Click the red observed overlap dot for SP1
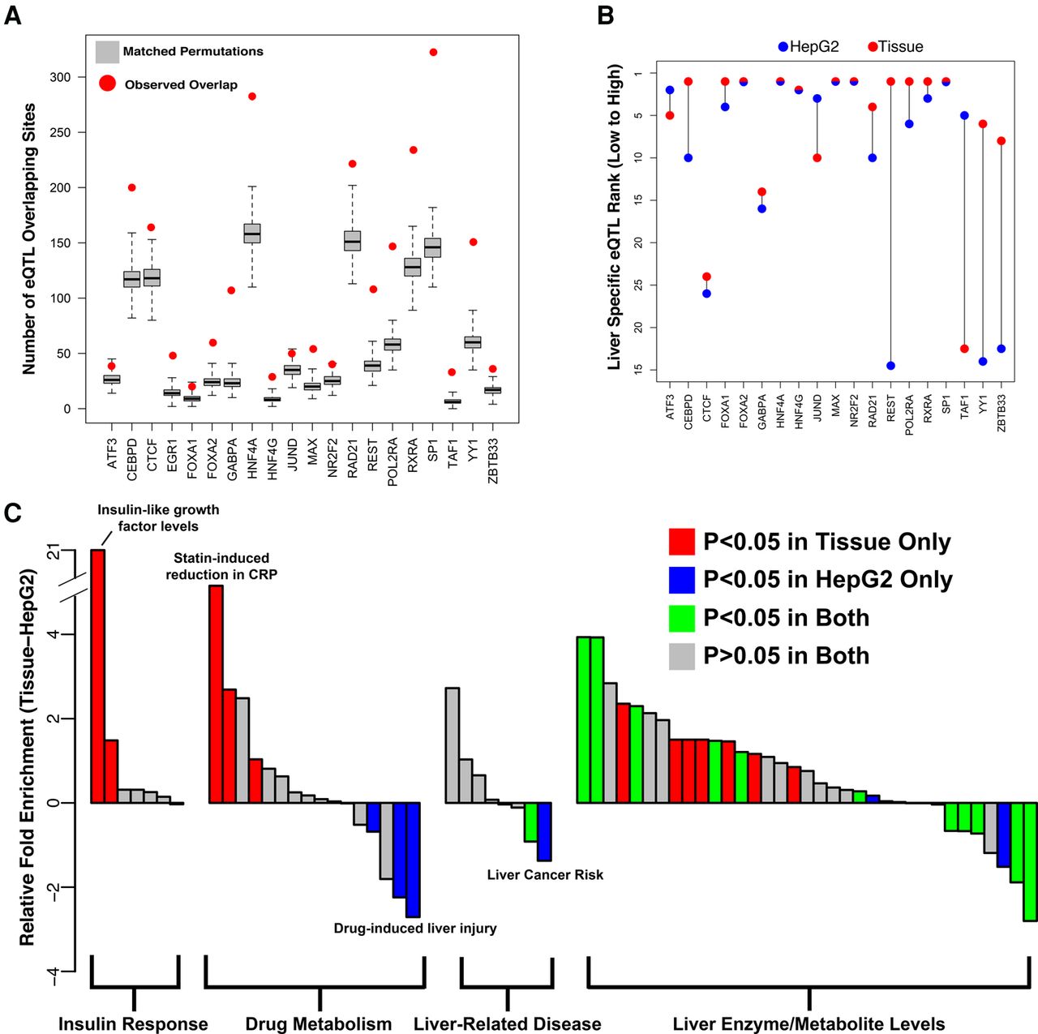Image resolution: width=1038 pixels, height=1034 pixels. [x=433, y=52]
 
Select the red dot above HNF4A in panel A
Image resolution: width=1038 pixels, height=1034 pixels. [x=251, y=97]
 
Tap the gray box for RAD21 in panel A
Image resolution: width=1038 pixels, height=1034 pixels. [x=352, y=241]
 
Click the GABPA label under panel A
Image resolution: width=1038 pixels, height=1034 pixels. [x=232, y=453]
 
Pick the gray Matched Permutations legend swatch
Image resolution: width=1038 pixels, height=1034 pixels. [x=107, y=52]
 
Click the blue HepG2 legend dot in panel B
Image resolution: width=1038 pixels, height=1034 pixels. [x=783, y=47]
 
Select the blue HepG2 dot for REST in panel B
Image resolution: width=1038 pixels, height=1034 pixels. [x=891, y=366]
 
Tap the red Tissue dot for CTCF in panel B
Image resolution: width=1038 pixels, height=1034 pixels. [x=706, y=277]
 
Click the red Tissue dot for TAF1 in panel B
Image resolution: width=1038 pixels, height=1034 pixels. [x=964, y=349]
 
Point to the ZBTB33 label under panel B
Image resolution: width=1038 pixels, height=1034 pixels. [x=1002, y=413]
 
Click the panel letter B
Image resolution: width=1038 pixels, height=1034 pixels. [x=606, y=16]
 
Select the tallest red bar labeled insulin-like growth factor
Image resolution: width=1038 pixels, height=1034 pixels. [x=97, y=676]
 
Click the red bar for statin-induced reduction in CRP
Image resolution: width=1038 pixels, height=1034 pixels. [x=216, y=694]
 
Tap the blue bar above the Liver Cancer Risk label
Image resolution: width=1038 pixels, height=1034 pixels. [x=544, y=831]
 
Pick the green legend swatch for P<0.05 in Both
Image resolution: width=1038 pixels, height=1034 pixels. [x=681, y=618]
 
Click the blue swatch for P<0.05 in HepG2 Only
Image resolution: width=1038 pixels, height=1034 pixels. [x=681, y=580]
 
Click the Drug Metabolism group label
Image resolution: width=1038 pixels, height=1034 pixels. [x=319, y=1023]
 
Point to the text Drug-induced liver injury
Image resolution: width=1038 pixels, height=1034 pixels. [x=415, y=929]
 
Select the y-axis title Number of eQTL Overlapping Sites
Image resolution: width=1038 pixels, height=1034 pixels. [x=28, y=239]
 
